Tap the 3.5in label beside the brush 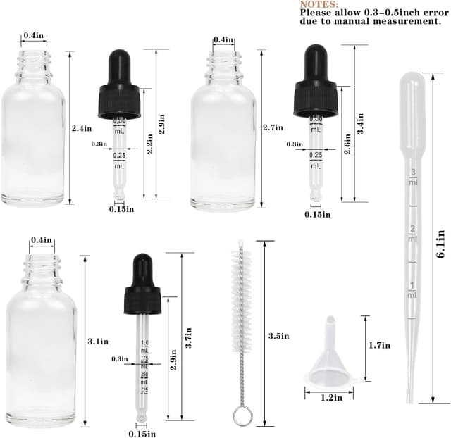point(279,336)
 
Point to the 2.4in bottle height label point(82,128)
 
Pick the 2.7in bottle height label point(272,127)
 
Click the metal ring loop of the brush point(242,415)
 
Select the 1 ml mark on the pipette point(412,289)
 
